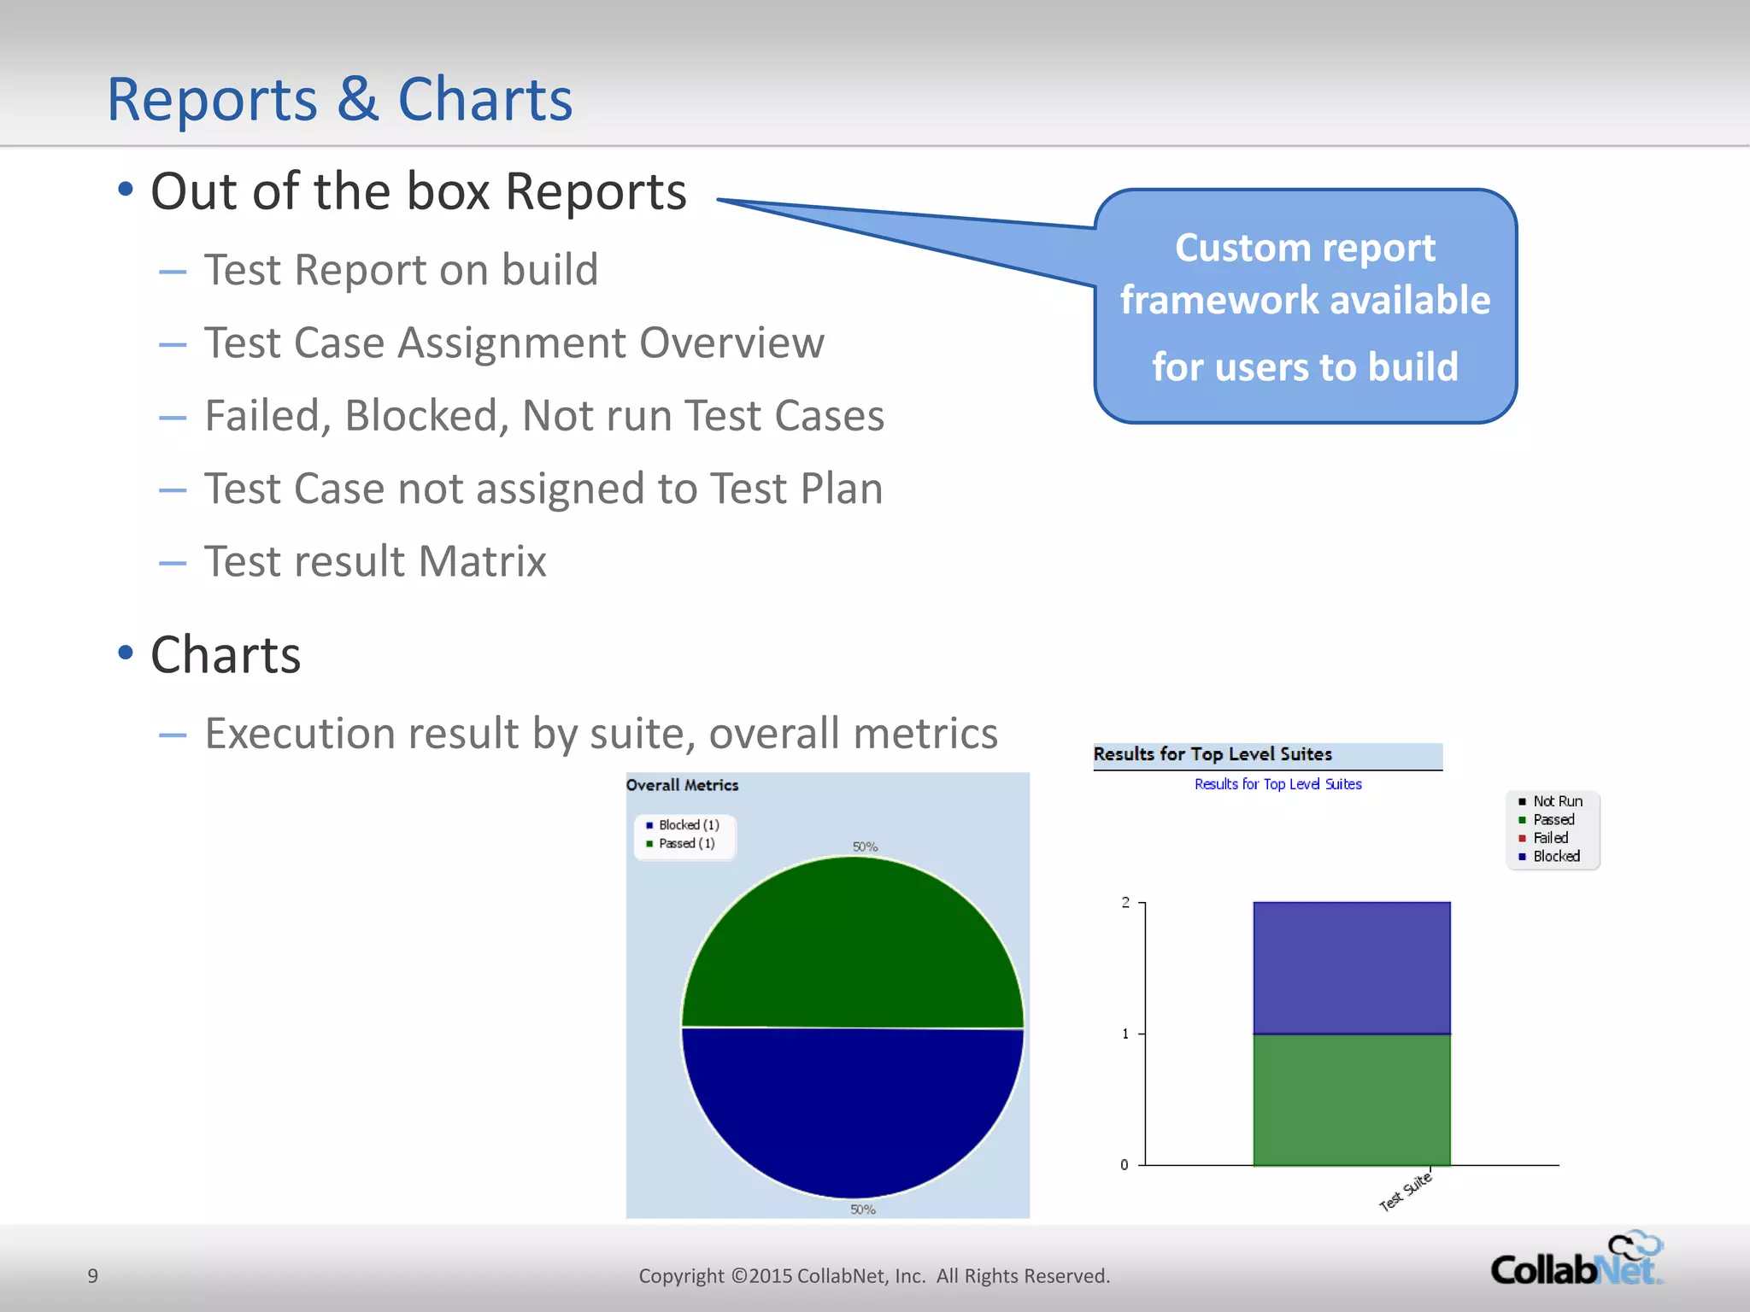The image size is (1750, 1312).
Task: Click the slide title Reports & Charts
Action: click(x=339, y=100)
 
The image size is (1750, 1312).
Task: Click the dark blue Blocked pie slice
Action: click(x=853, y=1110)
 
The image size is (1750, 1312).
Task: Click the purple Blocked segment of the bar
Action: click(x=1351, y=968)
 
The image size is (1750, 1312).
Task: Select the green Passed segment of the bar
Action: click(x=1351, y=1099)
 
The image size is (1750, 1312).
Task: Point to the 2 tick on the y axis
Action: click(x=1126, y=903)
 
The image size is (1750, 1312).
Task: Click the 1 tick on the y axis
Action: click(x=1126, y=1034)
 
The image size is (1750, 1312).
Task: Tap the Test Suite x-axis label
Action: click(x=1406, y=1192)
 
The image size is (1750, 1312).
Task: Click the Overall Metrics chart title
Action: click(x=682, y=785)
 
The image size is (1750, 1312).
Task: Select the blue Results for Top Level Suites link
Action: click(x=1277, y=784)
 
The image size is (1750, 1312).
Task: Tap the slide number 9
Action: click(x=93, y=1276)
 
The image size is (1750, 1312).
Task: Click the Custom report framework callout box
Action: click(x=1305, y=306)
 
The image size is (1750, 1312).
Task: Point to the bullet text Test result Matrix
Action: click(x=375, y=562)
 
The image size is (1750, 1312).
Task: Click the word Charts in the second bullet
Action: click(x=226, y=655)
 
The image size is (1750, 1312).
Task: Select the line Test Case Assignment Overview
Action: click(x=514, y=343)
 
